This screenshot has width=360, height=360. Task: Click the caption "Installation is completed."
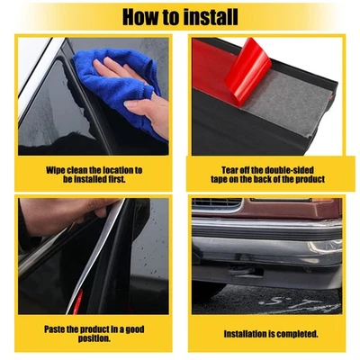271,333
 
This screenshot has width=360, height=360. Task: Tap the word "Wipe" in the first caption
56,169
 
